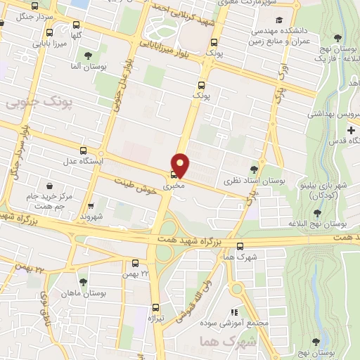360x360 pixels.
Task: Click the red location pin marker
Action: [x=181, y=165]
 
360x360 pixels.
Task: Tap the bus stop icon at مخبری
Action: [x=173, y=176]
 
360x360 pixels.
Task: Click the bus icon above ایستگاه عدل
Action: [x=84, y=150]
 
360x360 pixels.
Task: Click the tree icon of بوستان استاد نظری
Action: [x=254, y=169]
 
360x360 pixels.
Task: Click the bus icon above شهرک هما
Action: [x=240, y=246]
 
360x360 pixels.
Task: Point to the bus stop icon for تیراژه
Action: [x=156, y=307]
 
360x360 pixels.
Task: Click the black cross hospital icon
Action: [x=351, y=131]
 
